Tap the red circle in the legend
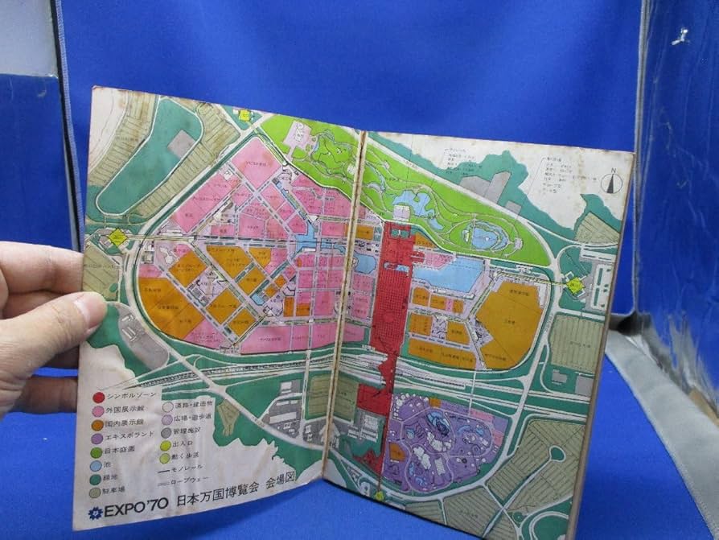click(x=98, y=397)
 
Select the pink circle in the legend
click(x=98, y=410)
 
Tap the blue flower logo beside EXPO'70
click(x=96, y=513)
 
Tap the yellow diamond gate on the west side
click(x=119, y=237)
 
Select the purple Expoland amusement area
click(x=442, y=439)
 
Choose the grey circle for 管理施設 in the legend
click(x=166, y=431)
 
